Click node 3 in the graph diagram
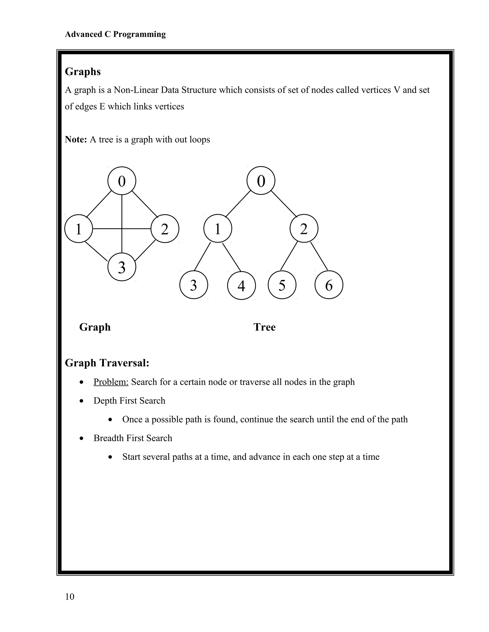coord(122,267)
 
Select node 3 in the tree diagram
coord(193,285)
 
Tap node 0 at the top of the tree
coord(261,181)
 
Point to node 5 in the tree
coord(282,285)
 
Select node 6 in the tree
coord(329,285)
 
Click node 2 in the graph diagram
coord(165,229)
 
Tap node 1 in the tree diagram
coord(218,229)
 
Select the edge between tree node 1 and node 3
coord(202,256)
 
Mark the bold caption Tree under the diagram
coord(264,327)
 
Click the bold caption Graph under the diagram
coord(95,327)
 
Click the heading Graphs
coord(83,72)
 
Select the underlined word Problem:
coord(111,382)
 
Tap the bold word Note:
coord(76,140)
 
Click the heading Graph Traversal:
coord(107,363)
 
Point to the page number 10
coord(69,597)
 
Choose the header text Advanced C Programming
coord(115,34)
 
